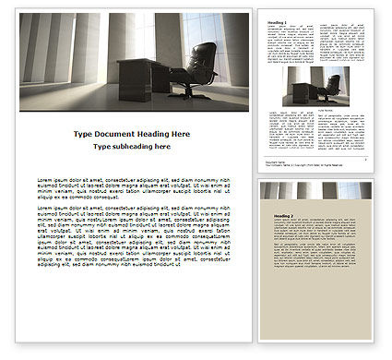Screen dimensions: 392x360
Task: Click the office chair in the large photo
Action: coord(197,68)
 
